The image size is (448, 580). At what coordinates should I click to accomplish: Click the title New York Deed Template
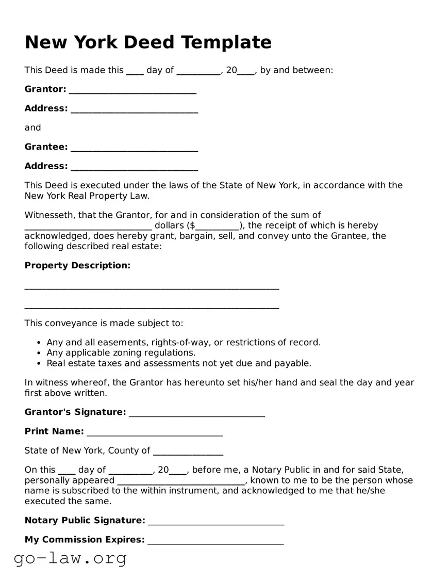pos(148,42)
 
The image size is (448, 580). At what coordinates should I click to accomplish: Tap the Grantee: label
pos(46,147)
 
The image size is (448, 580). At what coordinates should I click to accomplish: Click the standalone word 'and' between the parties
pos(32,127)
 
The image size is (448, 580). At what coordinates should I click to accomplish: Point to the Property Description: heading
pos(77,265)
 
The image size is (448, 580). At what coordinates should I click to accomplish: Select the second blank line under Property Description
pos(152,308)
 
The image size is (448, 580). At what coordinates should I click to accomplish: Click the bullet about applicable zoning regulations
pos(121,353)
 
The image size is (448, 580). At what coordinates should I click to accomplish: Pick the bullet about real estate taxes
pos(179,363)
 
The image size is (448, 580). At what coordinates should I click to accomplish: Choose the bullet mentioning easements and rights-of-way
pos(184,343)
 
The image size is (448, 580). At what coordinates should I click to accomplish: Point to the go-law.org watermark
pos(70,558)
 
